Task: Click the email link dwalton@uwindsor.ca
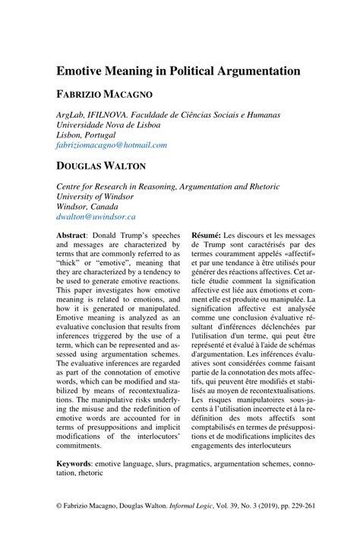(93, 216)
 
